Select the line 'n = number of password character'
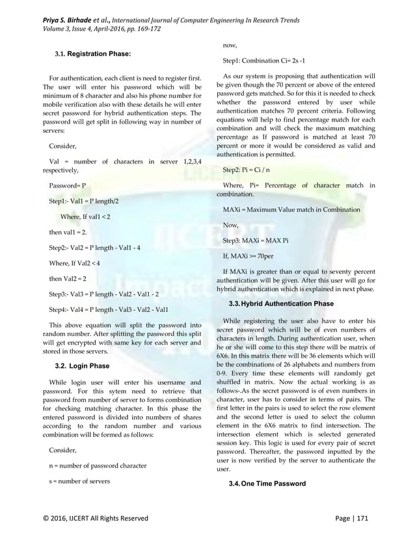[98, 466]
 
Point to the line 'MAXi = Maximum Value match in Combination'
[291, 210]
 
